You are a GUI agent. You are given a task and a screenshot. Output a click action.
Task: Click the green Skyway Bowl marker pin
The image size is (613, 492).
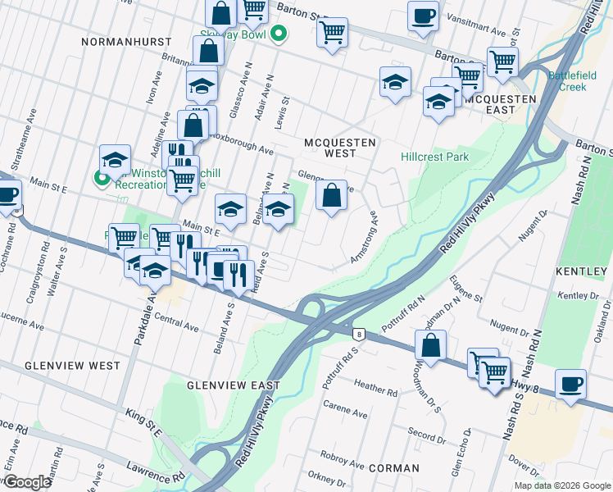pos(279,35)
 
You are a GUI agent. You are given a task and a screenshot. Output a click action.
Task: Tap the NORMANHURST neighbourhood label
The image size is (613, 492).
pos(126,41)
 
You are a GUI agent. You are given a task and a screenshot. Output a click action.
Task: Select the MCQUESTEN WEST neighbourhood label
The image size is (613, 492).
pos(340,148)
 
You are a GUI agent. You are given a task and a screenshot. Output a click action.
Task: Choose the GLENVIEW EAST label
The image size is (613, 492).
pos(233,385)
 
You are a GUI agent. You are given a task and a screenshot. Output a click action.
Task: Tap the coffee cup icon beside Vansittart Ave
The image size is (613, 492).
pos(423,16)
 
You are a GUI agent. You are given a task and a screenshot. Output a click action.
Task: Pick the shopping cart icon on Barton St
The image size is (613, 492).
pos(332,33)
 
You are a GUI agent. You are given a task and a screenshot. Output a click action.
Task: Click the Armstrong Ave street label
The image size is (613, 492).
pos(365,237)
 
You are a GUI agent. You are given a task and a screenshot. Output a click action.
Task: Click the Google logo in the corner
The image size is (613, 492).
pos(27,482)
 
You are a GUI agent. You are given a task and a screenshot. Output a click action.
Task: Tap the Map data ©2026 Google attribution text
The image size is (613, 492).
pos(561,485)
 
